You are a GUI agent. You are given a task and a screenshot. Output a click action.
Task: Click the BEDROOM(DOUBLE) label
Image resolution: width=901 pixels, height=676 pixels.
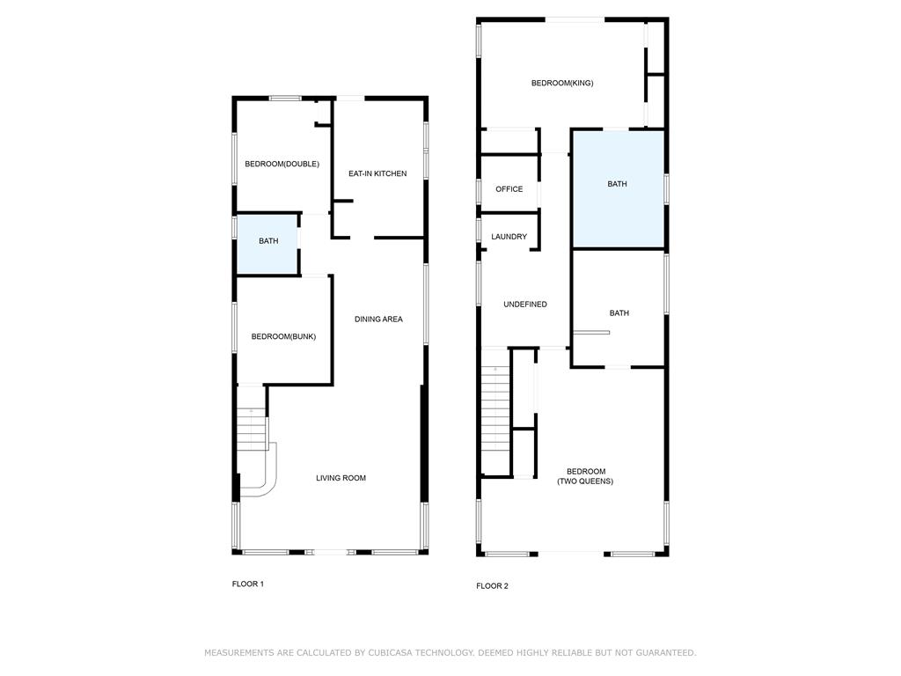pos(282,164)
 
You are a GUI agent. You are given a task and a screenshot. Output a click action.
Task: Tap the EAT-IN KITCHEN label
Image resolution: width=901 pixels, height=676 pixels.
pos(377,173)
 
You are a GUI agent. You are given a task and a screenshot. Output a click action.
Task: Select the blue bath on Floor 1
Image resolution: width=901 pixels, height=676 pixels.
pos(267,244)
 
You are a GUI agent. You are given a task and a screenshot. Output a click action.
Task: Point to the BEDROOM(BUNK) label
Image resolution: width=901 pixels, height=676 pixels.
pos(283,336)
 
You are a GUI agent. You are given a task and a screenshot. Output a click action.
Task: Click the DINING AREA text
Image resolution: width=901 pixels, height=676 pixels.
pos(378,319)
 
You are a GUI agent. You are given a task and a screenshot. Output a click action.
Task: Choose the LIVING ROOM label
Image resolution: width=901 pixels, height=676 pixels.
pos(341,478)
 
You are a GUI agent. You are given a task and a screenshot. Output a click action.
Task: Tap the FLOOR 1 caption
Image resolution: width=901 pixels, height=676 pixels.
pos(247,584)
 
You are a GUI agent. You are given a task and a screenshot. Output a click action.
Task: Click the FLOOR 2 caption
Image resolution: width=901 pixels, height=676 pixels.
pos(492,586)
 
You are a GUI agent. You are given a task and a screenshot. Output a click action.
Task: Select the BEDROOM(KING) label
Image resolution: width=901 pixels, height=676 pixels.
pos(562,83)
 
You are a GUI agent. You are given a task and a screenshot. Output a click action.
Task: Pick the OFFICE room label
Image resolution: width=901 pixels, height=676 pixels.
pos(509,189)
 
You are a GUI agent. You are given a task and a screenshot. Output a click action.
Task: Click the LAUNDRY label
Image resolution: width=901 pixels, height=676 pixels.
pos(509,237)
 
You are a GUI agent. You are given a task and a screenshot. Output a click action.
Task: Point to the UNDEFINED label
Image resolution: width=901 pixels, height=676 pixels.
pos(525,305)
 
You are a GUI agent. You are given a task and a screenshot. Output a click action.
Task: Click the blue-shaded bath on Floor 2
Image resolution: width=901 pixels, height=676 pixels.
pos(619,190)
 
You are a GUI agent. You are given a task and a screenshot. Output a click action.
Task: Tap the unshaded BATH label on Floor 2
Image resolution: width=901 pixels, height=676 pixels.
pos(619,313)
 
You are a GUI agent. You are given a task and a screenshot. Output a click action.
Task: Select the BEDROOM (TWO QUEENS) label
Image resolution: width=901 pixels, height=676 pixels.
pos(585,476)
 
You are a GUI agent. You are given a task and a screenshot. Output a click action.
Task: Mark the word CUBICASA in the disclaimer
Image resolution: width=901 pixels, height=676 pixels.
pos(392,653)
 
